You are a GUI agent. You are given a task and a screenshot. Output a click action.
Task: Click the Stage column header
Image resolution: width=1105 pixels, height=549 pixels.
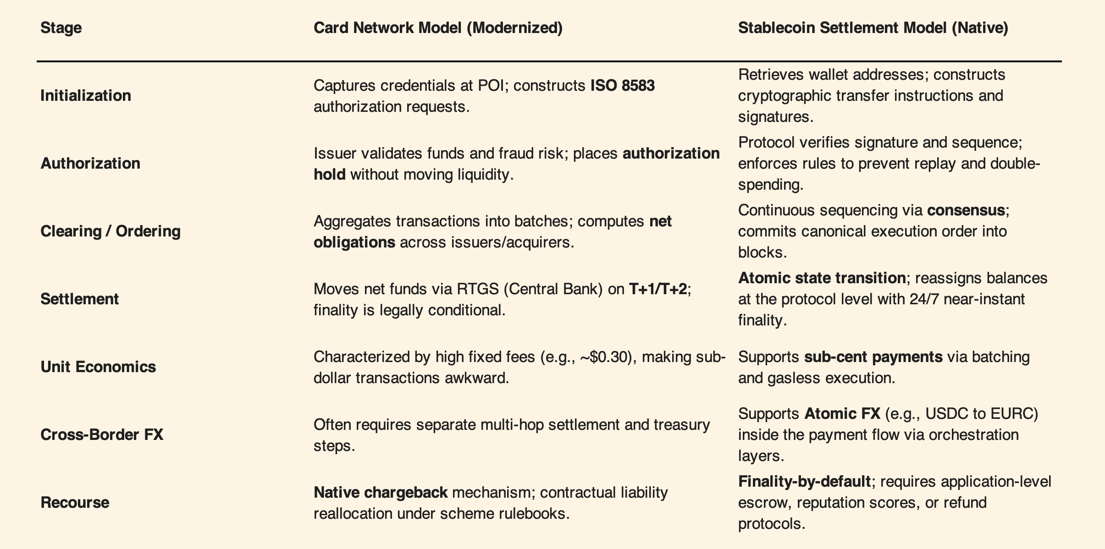[x=61, y=28]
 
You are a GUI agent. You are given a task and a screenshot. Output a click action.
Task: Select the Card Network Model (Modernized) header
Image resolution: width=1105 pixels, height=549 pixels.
[x=438, y=28]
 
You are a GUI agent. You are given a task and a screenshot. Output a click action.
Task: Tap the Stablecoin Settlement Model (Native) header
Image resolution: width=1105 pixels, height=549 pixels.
[x=873, y=28]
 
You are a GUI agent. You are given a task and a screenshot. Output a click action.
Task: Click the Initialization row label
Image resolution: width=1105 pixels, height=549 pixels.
[x=86, y=95]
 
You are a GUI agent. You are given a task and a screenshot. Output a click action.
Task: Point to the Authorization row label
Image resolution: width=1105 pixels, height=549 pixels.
[x=90, y=163]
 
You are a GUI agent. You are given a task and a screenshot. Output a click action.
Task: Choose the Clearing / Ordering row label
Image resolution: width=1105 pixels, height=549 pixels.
[x=110, y=231]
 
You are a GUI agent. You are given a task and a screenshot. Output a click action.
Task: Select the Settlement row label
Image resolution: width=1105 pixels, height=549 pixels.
[x=79, y=299]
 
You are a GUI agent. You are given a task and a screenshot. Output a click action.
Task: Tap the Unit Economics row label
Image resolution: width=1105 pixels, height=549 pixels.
[x=98, y=367]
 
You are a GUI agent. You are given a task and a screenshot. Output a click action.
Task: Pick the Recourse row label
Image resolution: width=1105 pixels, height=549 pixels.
[x=75, y=502]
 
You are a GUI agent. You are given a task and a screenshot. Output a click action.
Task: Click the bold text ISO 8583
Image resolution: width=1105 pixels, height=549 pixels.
[x=622, y=86]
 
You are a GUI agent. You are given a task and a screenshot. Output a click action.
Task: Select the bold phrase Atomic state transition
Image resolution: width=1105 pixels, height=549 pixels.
[x=822, y=278]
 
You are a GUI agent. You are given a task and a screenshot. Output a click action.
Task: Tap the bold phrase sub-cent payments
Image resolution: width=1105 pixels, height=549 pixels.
[x=873, y=357]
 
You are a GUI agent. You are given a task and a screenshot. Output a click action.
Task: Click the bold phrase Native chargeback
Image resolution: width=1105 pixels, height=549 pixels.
[x=381, y=493]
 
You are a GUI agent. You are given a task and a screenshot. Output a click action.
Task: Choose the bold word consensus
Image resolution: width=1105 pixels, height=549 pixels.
[x=966, y=210]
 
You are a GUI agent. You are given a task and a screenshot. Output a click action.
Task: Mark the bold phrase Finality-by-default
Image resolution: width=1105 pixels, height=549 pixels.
[x=804, y=482]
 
